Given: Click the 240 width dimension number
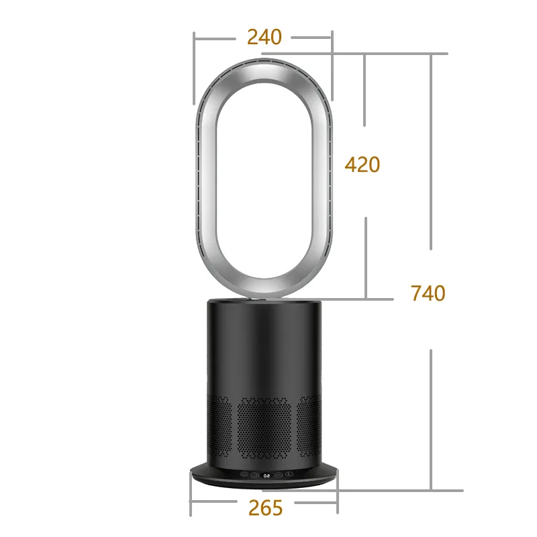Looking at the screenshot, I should [264, 36].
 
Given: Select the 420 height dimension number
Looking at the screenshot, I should [362, 164].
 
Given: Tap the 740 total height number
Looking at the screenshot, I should [428, 293].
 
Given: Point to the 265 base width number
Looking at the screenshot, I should [265, 508].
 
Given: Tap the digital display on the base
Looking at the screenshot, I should [267, 476].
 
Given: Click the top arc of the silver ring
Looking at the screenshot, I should [263, 68].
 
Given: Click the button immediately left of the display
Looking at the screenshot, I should [256, 476].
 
